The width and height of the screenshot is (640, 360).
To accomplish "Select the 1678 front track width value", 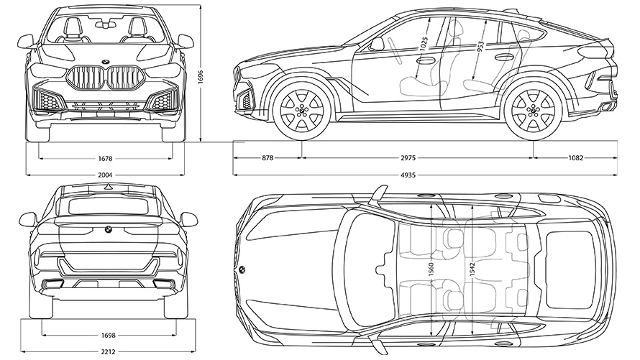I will [x=106, y=158].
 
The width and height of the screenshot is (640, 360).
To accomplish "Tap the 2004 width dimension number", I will [x=106, y=175].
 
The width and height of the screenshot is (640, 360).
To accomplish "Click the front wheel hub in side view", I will [x=301, y=112].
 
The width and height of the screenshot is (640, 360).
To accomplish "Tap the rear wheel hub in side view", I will [x=533, y=112].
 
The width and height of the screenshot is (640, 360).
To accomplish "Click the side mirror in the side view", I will [x=376, y=44].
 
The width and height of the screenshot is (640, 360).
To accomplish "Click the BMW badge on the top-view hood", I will [x=241, y=269].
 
